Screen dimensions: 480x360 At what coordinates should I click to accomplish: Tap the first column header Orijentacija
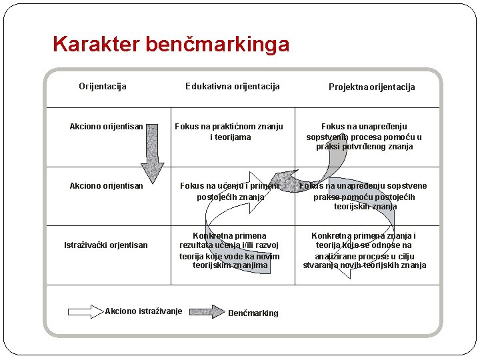point(103,86)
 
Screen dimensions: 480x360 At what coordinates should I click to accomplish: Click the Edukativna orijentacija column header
point(232,86)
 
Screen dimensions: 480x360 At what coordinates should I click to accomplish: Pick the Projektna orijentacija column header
point(371,87)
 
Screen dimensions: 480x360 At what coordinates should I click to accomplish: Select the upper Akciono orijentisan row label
point(106,126)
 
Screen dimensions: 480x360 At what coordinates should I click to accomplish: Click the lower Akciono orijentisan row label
point(106,185)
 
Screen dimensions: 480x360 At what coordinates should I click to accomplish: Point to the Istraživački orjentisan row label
point(106,245)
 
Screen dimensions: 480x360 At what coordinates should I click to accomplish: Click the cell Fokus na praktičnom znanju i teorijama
point(229,131)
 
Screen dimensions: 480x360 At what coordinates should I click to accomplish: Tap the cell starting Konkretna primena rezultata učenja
point(229,250)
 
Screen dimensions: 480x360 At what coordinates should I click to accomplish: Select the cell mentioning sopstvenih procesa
point(364,136)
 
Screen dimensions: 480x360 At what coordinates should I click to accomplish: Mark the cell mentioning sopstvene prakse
point(365,196)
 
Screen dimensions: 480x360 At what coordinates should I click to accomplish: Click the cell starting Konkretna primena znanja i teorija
point(364,250)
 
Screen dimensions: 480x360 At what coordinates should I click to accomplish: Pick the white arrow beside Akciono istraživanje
point(85,311)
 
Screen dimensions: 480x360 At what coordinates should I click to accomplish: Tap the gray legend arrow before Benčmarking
point(207,311)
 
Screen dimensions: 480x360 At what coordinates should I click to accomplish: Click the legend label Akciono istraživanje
point(143,311)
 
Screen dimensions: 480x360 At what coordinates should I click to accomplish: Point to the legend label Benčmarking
point(253,313)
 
